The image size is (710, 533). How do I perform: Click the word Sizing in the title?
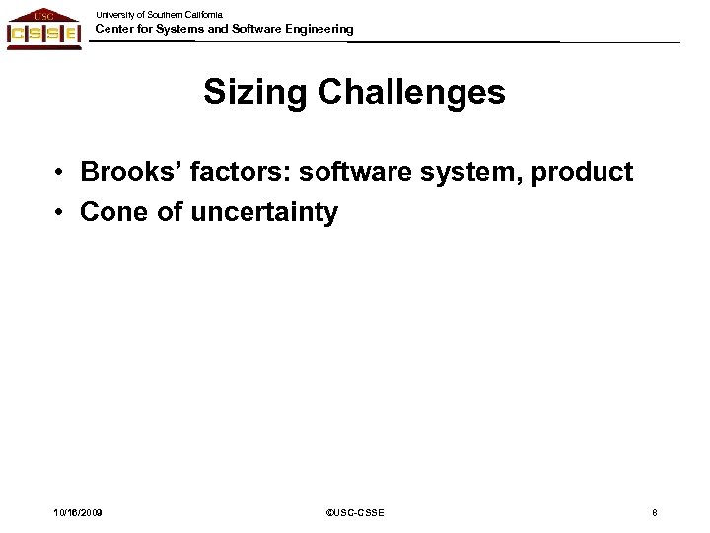coord(250,93)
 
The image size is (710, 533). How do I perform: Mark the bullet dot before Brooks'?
coord(60,173)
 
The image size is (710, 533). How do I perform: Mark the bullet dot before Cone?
coord(60,210)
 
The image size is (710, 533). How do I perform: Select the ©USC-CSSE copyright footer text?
coord(356,512)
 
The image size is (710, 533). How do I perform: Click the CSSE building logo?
coord(44,28)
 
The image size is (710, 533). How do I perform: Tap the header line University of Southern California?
coord(159,14)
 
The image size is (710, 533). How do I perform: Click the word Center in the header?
coord(113,29)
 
